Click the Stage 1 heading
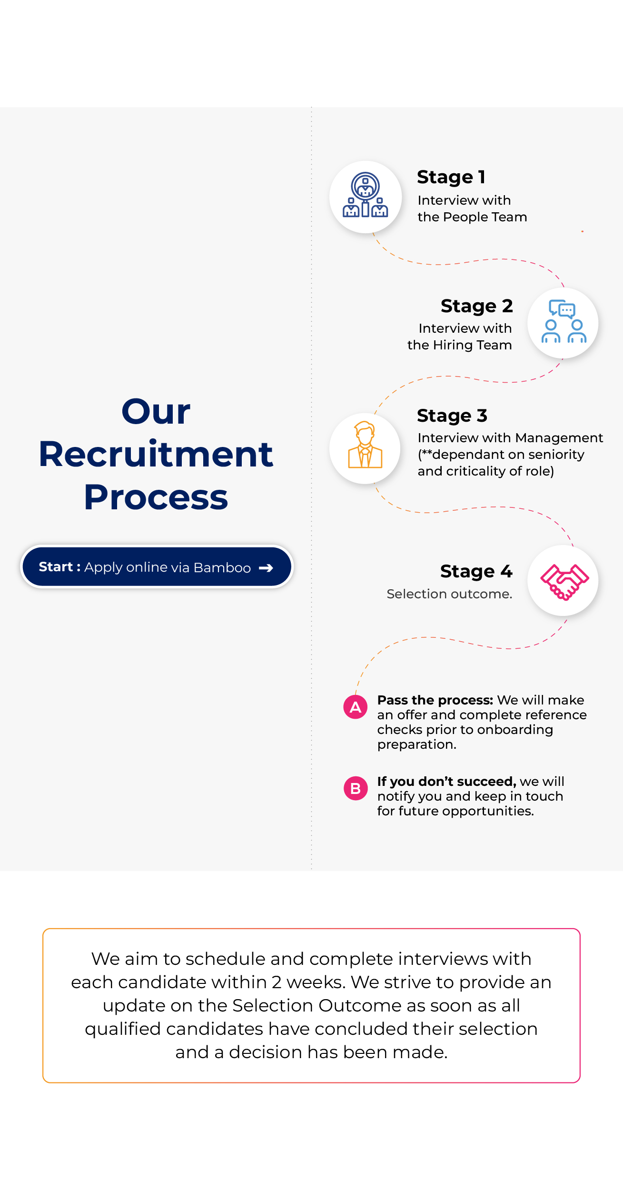451,177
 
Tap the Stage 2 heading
476,306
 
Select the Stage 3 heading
452,416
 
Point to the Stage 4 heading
476,571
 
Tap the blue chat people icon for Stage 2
564,322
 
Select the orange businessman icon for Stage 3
365,446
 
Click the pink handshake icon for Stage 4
564,581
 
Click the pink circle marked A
356,707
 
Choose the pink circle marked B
356,788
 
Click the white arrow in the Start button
266,567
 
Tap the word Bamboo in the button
222,567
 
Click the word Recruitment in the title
156,454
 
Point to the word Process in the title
156,497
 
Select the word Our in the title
156,411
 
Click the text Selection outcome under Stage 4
449,594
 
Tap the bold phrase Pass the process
435,700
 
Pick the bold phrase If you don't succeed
446,782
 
